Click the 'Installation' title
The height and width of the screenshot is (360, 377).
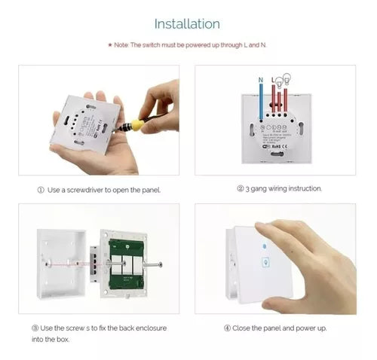click(x=188, y=24)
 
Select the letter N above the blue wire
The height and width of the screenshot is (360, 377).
click(x=260, y=78)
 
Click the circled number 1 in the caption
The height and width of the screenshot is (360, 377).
click(x=41, y=190)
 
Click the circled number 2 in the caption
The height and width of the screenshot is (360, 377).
click(x=240, y=188)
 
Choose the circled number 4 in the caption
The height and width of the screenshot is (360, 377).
click(x=227, y=328)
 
